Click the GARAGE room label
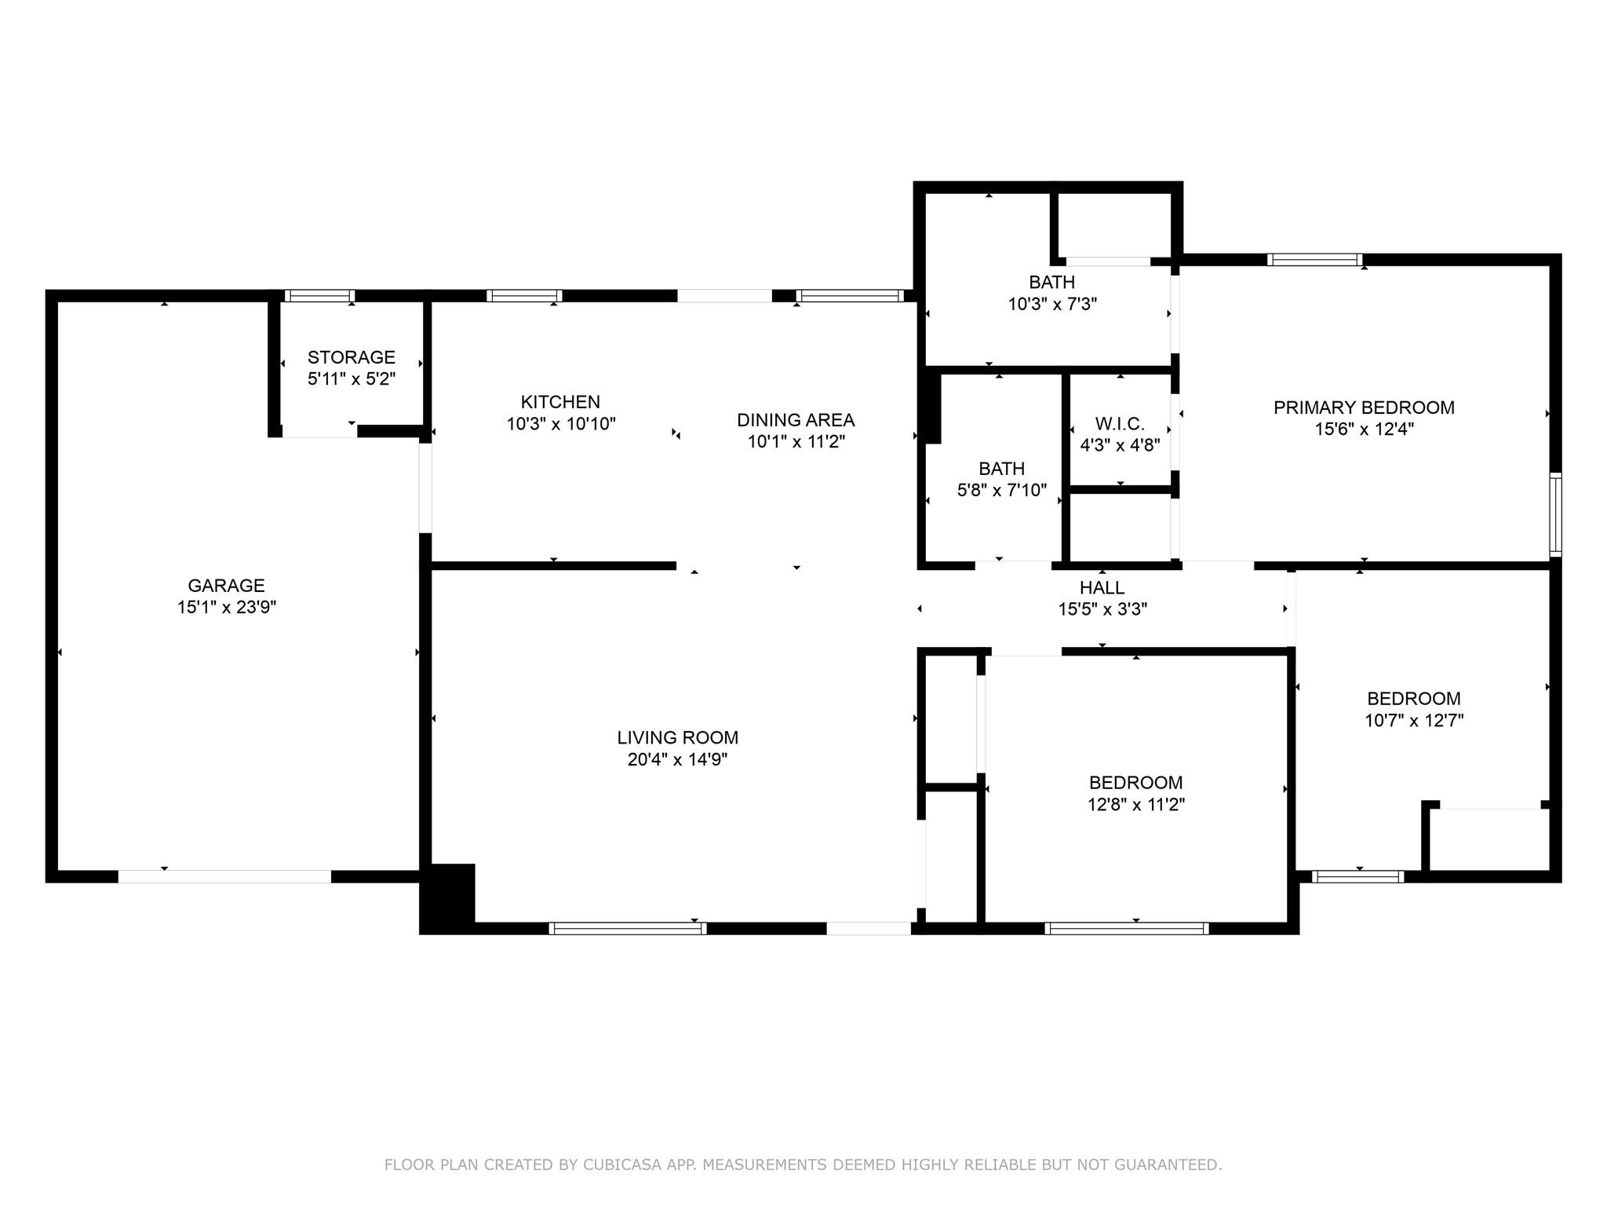click(x=226, y=585)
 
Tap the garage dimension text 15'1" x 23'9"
click(x=226, y=607)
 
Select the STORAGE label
click(x=351, y=357)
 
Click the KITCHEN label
click(x=560, y=402)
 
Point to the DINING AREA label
click(x=795, y=420)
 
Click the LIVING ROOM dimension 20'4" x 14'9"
click(x=677, y=759)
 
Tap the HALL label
click(x=1102, y=587)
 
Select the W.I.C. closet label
click(x=1120, y=424)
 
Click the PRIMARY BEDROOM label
click(x=1364, y=407)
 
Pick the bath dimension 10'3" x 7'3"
click(x=1051, y=304)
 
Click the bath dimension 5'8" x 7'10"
click(x=1001, y=491)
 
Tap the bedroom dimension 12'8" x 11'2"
click(x=1135, y=805)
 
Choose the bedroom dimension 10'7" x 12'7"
click(x=1413, y=721)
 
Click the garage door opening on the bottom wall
click(x=224, y=876)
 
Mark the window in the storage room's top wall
click(x=319, y=296)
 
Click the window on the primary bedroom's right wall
click(x=1555, y=514)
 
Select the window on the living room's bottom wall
click(x=627, y=928)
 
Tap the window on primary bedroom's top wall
click(x=1314, y=260)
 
